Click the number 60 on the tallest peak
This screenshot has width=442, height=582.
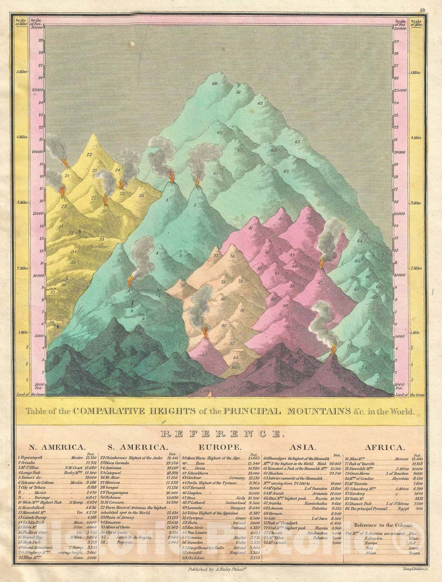(215, 84)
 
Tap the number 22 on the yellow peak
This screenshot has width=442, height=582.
(89, 154)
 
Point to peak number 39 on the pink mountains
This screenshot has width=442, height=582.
(309, 218)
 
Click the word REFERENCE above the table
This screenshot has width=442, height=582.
(221, 434)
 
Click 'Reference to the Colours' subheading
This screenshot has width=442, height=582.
(383, 525)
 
